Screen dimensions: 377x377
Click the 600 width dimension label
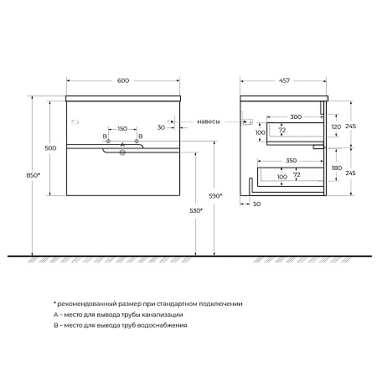[x=123, y=80]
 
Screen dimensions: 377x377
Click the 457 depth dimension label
[x=284, y=80]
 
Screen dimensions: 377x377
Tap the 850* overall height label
[x=33, y=175]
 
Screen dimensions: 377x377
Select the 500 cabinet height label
[x=50, y=148]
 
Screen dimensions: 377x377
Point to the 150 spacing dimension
[x=122, y=129]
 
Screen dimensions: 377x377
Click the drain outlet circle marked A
[x=122, y=152]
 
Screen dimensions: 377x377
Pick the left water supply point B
[x=108, y=141]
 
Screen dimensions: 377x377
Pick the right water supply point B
[x=137, y=141]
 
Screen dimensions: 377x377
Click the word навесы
[x=209, y=121]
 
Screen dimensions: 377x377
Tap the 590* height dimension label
[x=215, y=196]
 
